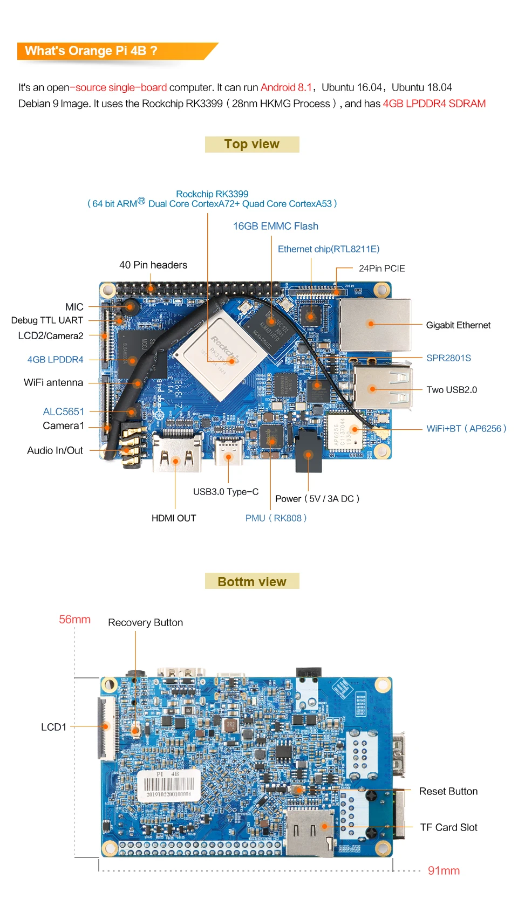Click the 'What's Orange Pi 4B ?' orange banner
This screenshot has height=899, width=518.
point(108,51)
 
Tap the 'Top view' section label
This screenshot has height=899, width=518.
point(252,145)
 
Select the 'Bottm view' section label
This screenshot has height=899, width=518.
point(252,581)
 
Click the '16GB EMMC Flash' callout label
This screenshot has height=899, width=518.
point(275,226)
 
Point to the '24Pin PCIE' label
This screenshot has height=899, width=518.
point(381,268)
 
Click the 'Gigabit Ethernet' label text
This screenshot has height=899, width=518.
point(458,325)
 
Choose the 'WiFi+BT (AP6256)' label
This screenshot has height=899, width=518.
point(466,428)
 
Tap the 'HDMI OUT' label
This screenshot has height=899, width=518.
point(174,518)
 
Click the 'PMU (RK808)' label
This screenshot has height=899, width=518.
point(276,518)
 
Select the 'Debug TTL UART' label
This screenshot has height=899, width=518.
point(47,320)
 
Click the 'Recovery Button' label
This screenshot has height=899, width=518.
point(145,622)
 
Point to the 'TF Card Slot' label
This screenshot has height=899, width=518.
point(448,827)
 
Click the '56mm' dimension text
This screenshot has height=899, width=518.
point(74,619)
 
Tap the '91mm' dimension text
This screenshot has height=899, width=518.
point(444,870)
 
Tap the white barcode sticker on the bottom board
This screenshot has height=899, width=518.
point(168,785)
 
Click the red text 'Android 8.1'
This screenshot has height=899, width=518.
point(286,87)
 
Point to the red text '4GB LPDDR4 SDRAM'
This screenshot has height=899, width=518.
point(434,104)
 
